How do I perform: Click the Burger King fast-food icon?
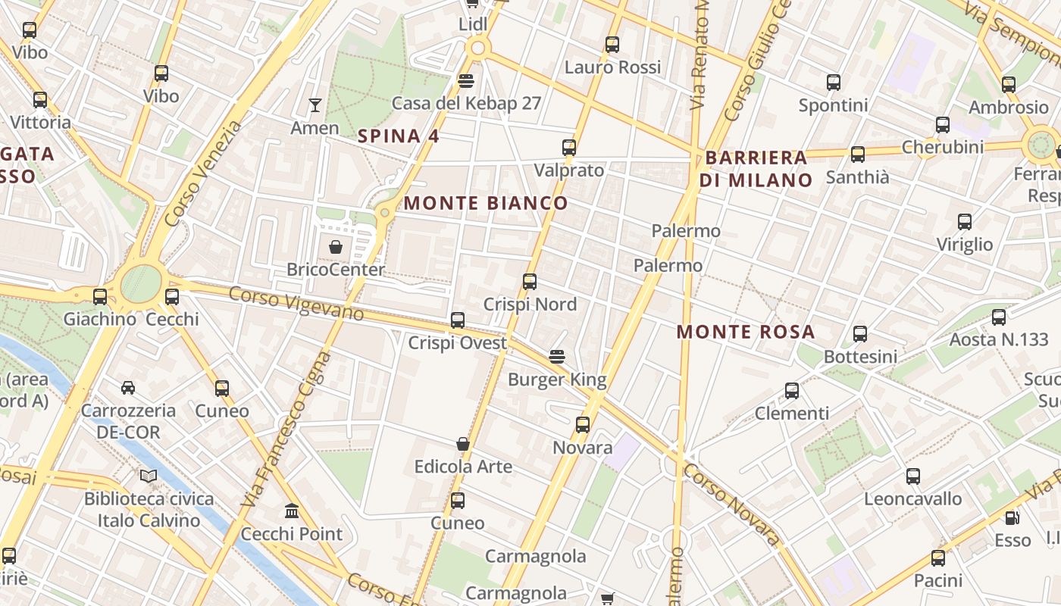pyautogui.click(x=557, y=356)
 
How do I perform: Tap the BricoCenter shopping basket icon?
pyautogui.click(x=335, y=247)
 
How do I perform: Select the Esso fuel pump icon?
pyautogui.click(x=1011, y=518)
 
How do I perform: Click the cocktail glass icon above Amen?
pyautogui.click(x=315, y=105)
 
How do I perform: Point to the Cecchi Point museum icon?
pyautogui.click(x=292, y=511)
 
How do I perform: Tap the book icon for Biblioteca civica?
pyautogui.click(x=149, y=476)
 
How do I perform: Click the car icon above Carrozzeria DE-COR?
pyautogui.click(x=128, y=388)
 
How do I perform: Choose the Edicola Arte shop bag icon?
pyautogui.click(x=462, y=444)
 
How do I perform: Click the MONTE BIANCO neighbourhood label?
pyautogui.click(x=486, y=203)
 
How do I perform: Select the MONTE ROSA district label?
pyautogui.click(x=746, y=332)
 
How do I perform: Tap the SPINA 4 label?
pyautogui.click(x=399, y=136)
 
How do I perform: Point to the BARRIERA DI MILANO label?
pyautogui.click(x=756, y=169)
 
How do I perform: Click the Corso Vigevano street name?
pyautogui.click(x=296, y=303)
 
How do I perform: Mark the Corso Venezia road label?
pyautogui.click(x=202, y=173)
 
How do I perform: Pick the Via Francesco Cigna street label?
pyautogui.click(x=287, y=430)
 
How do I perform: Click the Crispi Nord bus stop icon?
pyautogui.click(x=530, y=282)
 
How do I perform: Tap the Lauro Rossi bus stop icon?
pyautogui.click(x=612, y=45)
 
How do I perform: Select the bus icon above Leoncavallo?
pyautogui.click(x=913, y=476)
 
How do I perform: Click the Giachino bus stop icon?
pyautogui.click(x=99, y=297)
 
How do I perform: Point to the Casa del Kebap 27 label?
pyautogui.click(x=466, y=103)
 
